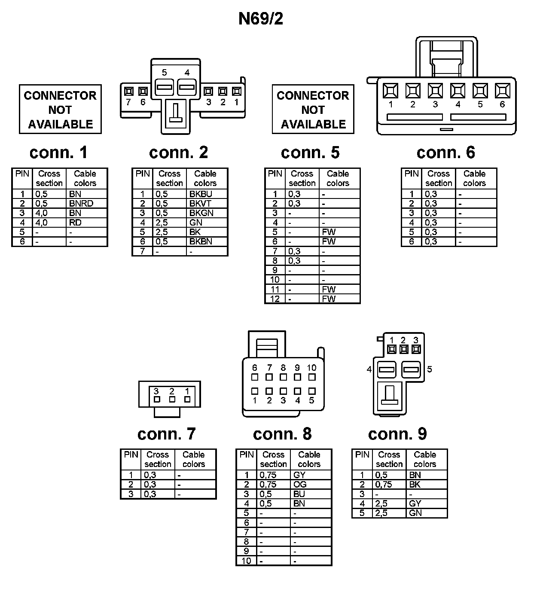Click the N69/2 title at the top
click(261, 19)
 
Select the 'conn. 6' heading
click(445, 153)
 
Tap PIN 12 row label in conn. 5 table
click(275, 299)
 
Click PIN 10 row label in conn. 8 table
click(246, 561)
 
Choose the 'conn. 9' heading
click(397, 434)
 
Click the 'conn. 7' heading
click(166, 434)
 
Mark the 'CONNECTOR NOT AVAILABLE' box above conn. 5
click(313, 110)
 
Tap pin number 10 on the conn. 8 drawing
click(311, 368)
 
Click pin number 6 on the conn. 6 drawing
click(502, 104)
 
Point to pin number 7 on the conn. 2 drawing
click(128, 102)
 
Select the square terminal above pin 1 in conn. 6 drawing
click(390, 91)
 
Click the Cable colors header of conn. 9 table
click(424, 459)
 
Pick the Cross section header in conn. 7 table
click(158, 459)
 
